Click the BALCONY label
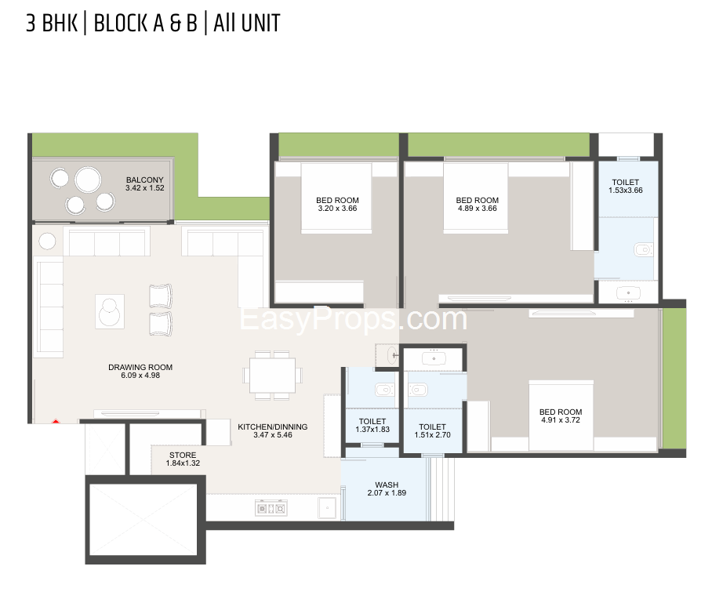145,180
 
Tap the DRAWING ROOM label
140,367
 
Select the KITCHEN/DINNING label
272,427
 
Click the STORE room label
183,455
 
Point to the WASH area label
387,485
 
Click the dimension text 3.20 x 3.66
337,209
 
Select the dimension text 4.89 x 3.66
478,209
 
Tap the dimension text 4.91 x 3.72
561,420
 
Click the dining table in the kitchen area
272,376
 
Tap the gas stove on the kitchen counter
271,509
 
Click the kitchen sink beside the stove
327,508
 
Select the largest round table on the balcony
88,180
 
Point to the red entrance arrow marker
56,422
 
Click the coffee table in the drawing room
110,311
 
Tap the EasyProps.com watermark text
354,319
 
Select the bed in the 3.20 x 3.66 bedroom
336,198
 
